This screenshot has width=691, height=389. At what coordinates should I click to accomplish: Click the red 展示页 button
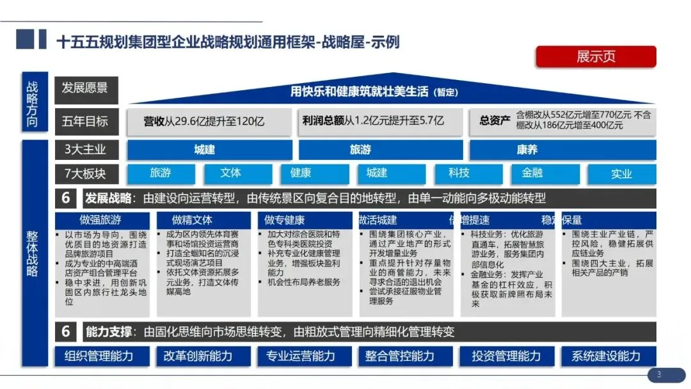[595, 57]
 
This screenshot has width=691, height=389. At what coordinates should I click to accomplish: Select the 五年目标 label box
[86, 121]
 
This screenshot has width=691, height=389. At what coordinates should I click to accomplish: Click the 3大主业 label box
[86, 150]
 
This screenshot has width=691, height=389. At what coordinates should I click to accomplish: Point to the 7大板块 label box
[86, 173]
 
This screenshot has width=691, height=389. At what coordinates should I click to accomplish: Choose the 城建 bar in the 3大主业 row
[204, 150]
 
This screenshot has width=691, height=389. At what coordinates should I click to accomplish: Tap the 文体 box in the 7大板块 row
[230, 173]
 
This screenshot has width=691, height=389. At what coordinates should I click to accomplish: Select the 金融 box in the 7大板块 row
[532, 173]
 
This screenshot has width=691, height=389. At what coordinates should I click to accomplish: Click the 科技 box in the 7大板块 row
[459, 173]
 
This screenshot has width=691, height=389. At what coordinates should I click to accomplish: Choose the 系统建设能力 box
[605, 356]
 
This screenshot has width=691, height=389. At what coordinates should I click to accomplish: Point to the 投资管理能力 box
[506, 356]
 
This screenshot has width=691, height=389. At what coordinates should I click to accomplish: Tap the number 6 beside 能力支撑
[66, 331]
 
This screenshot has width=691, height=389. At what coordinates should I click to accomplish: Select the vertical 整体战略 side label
[33, 253]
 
